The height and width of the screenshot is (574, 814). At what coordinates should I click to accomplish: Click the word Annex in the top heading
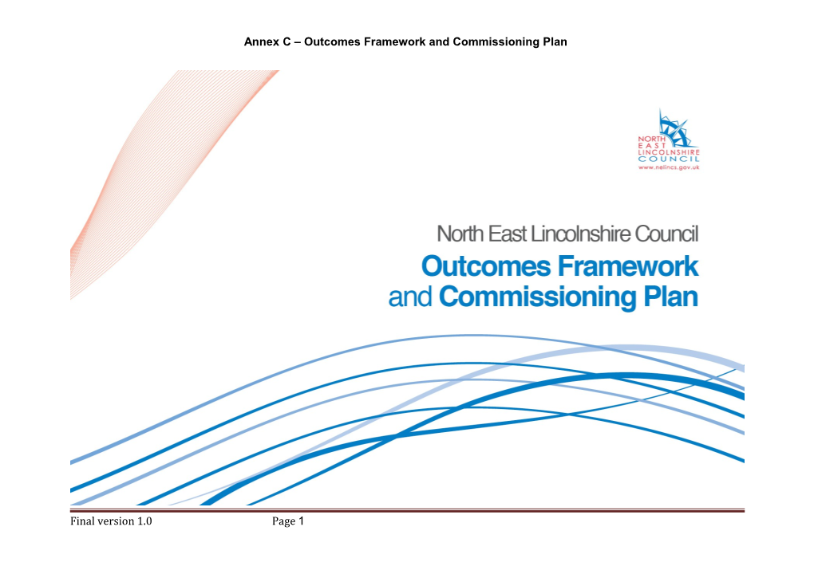(x=261, y=42)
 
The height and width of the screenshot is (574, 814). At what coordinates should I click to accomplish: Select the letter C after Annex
(x=286, y=42)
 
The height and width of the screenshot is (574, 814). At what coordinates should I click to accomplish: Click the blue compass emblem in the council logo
(x=674, y=127)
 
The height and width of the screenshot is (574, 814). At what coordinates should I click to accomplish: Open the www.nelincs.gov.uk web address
(x=669, y=167)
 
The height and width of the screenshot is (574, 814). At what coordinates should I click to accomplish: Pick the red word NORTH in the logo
(x=651, y=139)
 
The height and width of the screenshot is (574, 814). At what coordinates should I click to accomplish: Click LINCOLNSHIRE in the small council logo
(x=669, y=152)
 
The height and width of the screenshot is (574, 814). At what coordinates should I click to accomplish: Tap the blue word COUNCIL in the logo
(x=669, y=159)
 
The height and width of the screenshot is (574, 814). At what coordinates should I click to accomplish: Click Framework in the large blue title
(x=628, y=266)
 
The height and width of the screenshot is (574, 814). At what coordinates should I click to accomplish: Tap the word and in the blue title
(x=410, y=297)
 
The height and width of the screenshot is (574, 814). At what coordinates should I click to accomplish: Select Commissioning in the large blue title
(x=538, y=297)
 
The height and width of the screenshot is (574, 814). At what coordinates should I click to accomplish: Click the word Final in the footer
(x=82, y=521)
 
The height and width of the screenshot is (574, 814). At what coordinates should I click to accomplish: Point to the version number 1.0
(x=144, y=521)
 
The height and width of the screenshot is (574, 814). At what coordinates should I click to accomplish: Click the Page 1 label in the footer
(x=288, y=521)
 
